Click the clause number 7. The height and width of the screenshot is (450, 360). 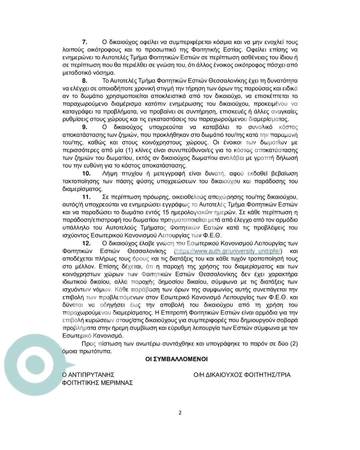[x=85, y=42]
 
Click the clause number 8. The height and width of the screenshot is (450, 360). [x=85, y=81]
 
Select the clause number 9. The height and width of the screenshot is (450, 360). [x=85, y=127]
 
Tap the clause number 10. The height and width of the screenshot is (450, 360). [x=86, y=173]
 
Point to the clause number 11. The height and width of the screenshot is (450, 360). [x=86, y=197]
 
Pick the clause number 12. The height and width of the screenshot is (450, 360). [x=86, y=243]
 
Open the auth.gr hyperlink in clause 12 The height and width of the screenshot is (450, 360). [x=229, y=251]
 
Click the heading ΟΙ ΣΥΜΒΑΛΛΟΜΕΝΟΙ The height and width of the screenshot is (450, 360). [x=176, y=359]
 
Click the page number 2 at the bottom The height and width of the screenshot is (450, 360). [x=180, y=413]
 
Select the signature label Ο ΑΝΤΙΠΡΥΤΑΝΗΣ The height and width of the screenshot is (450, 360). [x=88, y=375]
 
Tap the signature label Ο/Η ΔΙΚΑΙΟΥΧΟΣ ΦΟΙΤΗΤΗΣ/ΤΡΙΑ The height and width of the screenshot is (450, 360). [x=242, y=375]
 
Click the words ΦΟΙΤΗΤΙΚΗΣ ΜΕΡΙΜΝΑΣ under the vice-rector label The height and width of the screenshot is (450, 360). [x=98, y=383]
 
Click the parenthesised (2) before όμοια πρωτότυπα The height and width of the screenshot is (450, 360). [x=294, y=344]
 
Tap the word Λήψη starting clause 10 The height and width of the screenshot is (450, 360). [x=110, y=173]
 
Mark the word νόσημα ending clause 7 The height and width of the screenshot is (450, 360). [x=104, y=73]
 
